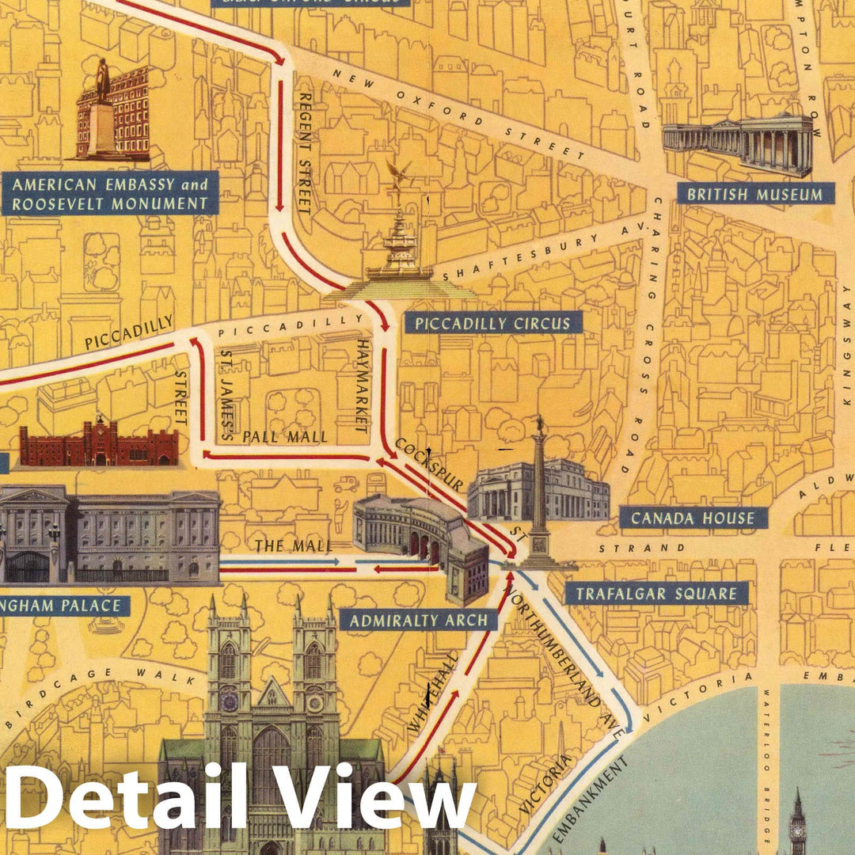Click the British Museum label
(750, 193)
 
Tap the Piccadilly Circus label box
(492, 323)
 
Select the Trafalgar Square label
(656, 593)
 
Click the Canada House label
(693, 518)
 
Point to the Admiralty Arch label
(419, 620)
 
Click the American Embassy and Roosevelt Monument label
(110, 194)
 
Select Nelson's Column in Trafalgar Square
(540, 491)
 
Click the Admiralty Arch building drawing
(420, 538)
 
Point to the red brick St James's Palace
(99, 445)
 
